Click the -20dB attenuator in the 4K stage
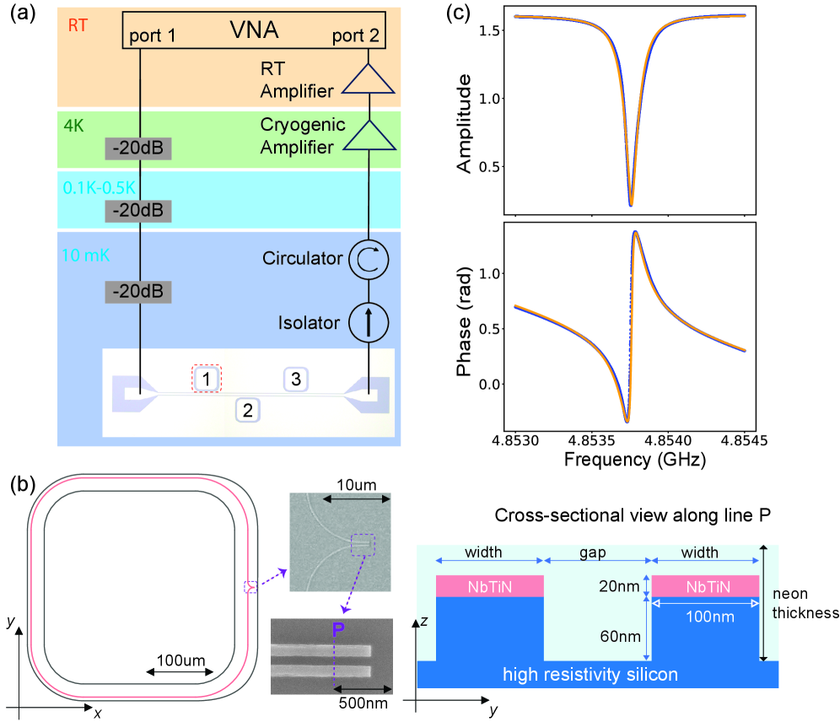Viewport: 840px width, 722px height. coord(138,149)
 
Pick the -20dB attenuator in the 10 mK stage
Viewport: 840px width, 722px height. coord(138,292)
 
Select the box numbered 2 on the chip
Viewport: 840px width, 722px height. coord(247,411)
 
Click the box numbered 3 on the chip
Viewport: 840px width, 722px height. coord(295,379)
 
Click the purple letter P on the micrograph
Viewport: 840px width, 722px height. coord(338,629)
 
